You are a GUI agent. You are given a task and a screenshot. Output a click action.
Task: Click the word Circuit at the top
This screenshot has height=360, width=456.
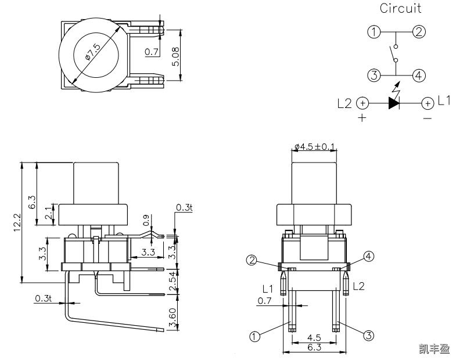400,8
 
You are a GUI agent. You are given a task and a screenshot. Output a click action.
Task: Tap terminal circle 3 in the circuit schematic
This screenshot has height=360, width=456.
374,75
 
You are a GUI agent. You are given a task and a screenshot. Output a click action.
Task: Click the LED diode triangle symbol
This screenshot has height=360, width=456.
394,103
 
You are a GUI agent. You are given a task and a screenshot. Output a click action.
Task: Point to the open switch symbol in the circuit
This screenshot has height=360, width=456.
396,53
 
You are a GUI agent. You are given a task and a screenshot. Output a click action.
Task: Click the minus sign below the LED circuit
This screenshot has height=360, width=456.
427,118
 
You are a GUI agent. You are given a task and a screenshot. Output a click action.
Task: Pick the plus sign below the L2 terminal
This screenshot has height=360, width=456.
362,118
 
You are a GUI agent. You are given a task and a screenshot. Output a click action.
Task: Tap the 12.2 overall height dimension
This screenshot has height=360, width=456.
17,223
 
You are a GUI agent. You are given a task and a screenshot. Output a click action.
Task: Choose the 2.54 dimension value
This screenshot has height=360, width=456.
172,282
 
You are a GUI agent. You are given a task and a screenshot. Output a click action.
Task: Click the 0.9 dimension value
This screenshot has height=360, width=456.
146,220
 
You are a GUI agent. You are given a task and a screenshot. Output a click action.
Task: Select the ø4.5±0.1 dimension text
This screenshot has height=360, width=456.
314,147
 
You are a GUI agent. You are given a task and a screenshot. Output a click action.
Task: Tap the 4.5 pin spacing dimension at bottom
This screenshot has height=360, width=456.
314,337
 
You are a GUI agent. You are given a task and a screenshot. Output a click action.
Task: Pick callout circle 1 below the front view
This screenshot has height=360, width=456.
254,335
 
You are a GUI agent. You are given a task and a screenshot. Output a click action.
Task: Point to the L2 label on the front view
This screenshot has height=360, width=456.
358,286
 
